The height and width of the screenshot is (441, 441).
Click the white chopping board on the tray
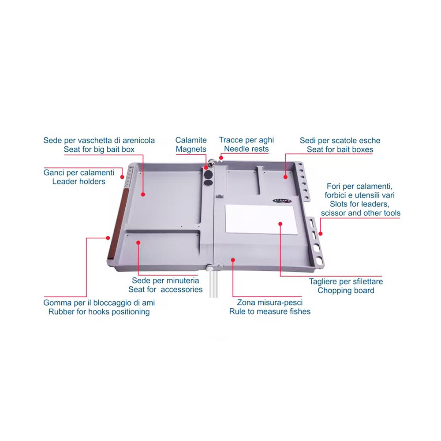pyautogui.click(x=261, y=219)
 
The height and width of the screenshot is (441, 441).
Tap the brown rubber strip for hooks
pyautogui.click(x=118, y=223)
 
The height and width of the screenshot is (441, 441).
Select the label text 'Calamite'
pyautogui.click(x=191, y=140)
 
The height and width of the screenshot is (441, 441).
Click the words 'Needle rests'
pyautogui.click(x=247, y=149)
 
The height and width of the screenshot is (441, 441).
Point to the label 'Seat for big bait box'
pyautogui.click(x=99, y=149)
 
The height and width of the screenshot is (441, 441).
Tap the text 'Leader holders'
pyautogui.click(x=79, y=181)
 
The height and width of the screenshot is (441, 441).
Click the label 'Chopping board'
pyautogui.click(x=346, y=290)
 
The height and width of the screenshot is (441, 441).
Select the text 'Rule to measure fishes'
pyautogui.click(x=270, y=311)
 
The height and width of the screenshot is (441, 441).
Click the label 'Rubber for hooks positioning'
pyautogui.click(x=99, y=312)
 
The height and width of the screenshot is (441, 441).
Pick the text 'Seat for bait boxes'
pyautogui.click(x=340, y=149)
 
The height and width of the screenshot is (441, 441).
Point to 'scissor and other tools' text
pyautogui.click(x=361, y=213)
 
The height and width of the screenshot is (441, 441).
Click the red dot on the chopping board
pyautogui.click(x=280, y=224)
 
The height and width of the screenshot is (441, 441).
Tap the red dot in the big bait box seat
pyautogui.click(x=143, y=194)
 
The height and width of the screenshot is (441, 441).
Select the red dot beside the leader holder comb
pyautogui.click(x=122, y=177)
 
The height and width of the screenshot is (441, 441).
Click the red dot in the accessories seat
pyautogui.click(x=138, y=243)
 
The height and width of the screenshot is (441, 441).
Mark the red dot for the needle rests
pyautogui.click(x=221, y=158)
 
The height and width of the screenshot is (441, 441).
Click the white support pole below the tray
pyautogui.click(x=213, y=282)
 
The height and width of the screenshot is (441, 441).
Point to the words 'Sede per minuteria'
pyautogui.click(x=165, y=280)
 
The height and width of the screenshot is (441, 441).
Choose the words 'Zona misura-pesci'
pyautogui.click(x=270, y=303)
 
